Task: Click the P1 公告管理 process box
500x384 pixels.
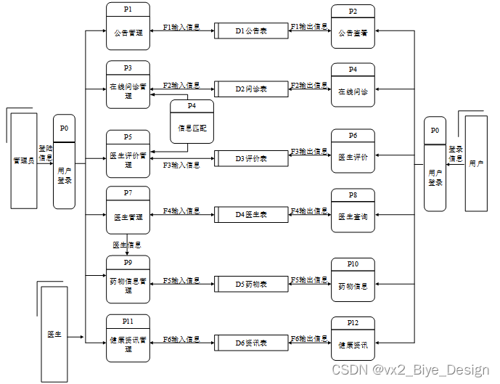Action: point(128,26)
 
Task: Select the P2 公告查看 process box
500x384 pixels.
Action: point(353,27)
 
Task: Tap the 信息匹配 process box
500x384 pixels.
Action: point(192,121)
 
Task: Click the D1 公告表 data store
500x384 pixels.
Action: point(251,31)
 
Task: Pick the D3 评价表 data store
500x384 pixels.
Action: point(251,158)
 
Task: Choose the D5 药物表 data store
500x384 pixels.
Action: point(251,284)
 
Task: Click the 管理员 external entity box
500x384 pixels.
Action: point(23,160)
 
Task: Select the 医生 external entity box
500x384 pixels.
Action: point(54,334)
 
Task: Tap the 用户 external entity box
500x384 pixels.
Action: point(476,163)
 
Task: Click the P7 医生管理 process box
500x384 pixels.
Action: point(128,210)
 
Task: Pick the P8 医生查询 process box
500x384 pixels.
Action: point(353,211)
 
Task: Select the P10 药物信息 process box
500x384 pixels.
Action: point(353,280)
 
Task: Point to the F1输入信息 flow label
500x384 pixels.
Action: point(181,27)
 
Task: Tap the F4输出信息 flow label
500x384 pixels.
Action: point(310,211)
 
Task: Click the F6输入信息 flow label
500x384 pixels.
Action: point(181,338)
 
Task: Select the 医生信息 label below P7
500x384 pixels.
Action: point(127,245)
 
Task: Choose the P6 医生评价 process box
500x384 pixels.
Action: point(353,152)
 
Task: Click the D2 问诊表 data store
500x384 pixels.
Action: point(251,89)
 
